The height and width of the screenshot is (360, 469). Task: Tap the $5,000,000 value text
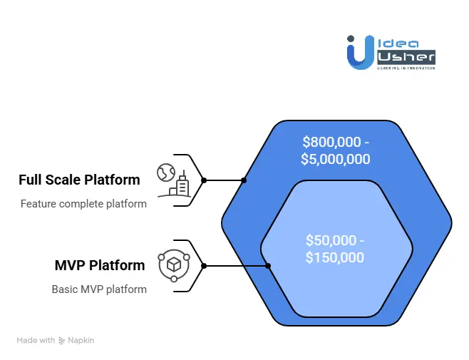336,158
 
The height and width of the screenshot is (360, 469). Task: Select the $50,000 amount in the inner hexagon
332,240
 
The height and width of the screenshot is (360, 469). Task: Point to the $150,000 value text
334,257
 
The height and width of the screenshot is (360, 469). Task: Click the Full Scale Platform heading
79,179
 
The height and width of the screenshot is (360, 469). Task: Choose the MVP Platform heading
100,265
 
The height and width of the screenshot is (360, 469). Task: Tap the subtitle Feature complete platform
83,204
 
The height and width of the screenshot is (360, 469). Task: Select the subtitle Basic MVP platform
99,289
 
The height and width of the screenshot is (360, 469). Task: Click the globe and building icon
175,180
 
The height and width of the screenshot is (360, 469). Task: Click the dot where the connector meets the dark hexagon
244,180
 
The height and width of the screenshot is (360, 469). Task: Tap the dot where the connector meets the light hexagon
269,266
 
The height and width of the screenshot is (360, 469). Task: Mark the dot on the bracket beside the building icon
204,180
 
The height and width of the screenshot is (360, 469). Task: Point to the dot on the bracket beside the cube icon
204,266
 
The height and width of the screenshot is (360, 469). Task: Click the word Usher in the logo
406,56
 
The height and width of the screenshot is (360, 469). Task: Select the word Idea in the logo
397,42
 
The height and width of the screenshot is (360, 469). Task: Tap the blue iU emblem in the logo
360,52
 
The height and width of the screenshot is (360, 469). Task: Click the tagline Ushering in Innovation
406,68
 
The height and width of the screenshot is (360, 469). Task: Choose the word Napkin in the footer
81,341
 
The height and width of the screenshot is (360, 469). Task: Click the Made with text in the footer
36,341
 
